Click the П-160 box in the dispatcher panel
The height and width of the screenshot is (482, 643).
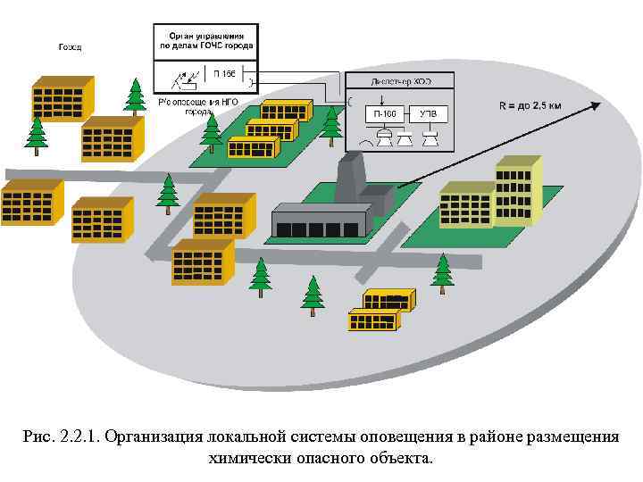[386, 113]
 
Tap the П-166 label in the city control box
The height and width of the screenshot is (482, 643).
[222, 73]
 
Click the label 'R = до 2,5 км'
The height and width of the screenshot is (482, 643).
[530, 105]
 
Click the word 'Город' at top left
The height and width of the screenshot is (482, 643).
[70, 46]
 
